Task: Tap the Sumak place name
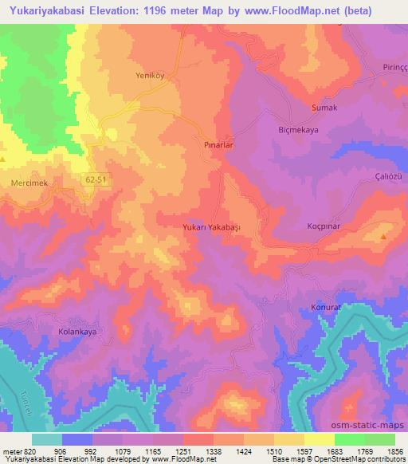(x=324, y=107)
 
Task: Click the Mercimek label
(x=30, y=183)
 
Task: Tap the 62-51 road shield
(x=95, y=180)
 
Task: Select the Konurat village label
(x=325, y=307)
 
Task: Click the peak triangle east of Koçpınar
(x=384, y=237)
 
